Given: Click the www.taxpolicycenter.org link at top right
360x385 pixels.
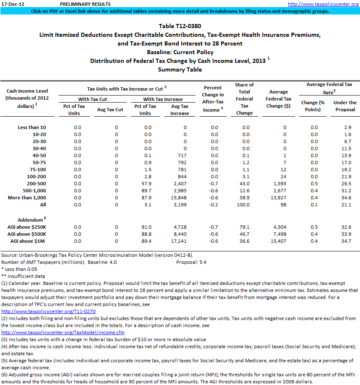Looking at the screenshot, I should click(323, 4).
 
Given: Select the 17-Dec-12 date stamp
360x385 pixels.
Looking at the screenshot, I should click(13, 4).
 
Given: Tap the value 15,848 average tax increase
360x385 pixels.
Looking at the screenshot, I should click(180, 198).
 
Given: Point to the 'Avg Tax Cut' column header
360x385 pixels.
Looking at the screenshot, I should click(110, 110).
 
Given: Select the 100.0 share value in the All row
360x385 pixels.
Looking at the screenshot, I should click(244, 205).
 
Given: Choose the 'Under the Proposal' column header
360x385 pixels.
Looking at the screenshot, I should click(345, 106).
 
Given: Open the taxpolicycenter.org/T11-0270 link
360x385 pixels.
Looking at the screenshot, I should click(48, 311).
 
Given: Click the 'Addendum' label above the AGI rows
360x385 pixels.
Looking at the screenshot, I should click(30, 220).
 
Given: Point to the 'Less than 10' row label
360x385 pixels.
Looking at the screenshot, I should click(32, 127).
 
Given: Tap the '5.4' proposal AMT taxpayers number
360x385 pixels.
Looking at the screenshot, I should click(203, 262).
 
